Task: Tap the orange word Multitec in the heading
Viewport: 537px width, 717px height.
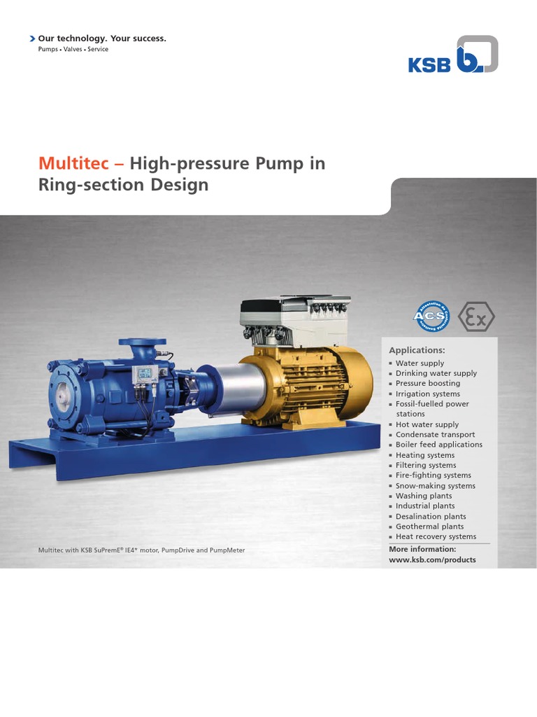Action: click(73, 164)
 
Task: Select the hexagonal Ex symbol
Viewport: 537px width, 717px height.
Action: click(476, 316)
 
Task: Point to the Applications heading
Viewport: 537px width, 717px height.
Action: click(417, 349)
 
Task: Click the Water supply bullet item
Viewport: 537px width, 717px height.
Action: click(420, 363)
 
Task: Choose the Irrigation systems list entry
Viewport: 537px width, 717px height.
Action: click(428, 394)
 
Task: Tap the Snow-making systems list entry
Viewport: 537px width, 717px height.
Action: click(435, 485)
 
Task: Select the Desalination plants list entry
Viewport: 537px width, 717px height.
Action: click(431, 516)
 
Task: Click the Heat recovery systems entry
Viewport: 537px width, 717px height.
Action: click(436, 536)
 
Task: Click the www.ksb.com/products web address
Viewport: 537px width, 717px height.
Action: click(432, 559)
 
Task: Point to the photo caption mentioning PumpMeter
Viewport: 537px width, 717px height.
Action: click(141, 550)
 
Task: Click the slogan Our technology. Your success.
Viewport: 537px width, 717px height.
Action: click(102, 38)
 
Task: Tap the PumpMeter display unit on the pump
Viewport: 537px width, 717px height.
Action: click(145, 375)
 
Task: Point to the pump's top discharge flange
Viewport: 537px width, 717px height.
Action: click(142, 343)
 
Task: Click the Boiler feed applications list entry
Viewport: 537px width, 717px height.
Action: click(438, 445)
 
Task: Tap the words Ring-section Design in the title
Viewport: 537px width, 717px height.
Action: click(123, 186)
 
